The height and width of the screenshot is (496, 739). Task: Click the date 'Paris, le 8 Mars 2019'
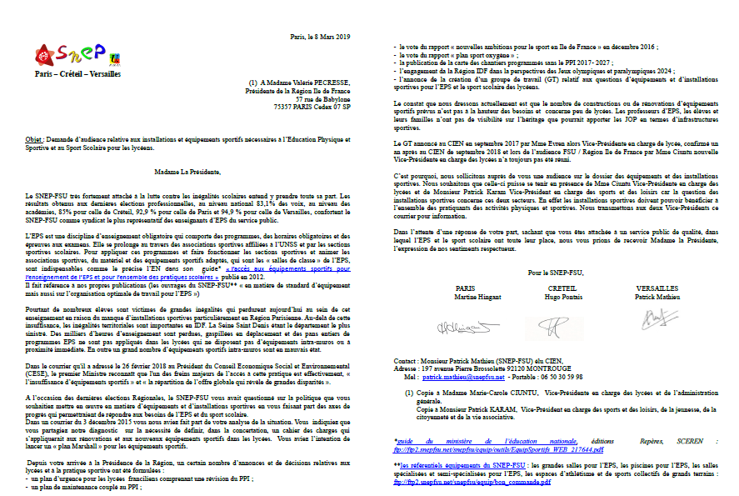click(321, 37)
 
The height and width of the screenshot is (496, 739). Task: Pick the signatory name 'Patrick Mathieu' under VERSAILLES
click(658, 298)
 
